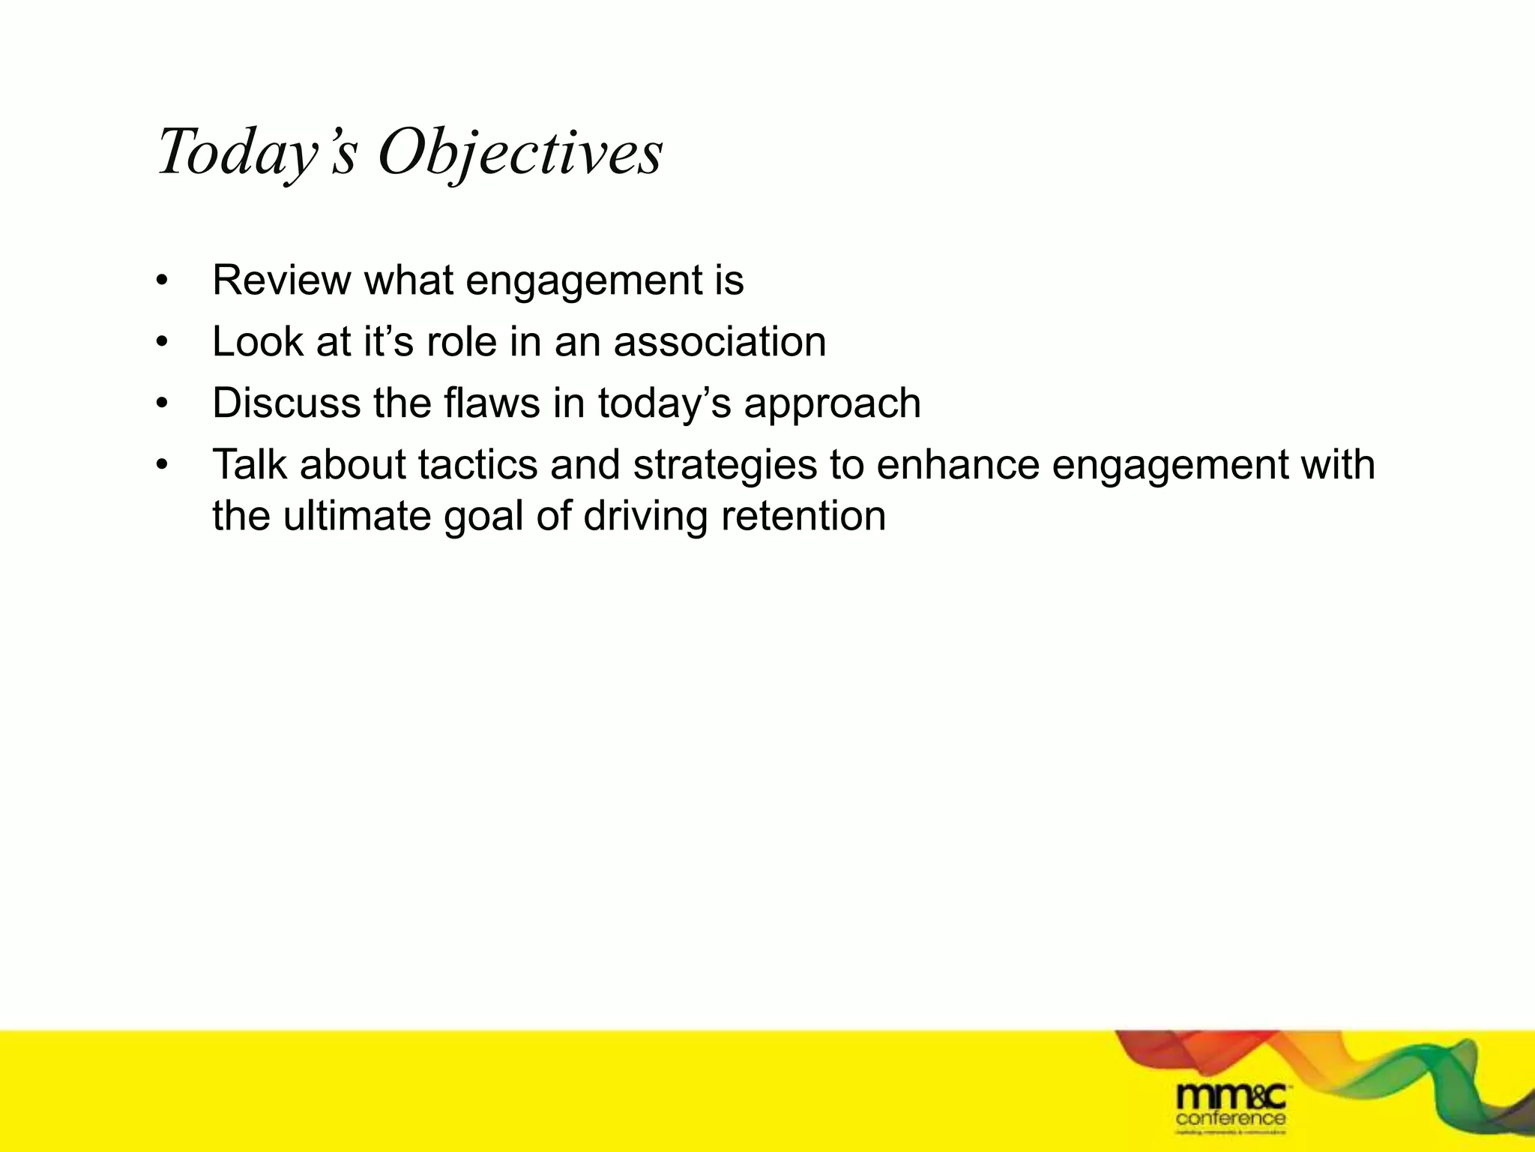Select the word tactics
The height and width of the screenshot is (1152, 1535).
[477, 465]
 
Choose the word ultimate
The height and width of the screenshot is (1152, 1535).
[355, 517]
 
